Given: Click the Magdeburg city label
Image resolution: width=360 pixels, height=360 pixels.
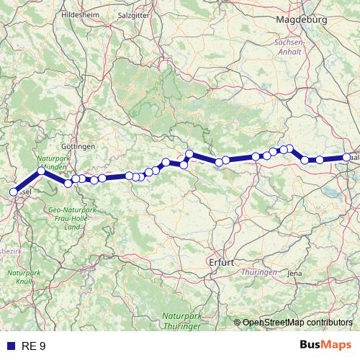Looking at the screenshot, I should point(301,20).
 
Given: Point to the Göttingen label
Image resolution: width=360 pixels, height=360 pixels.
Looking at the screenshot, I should point(78,146).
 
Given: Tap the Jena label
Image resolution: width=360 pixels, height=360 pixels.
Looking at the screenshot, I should point(294,274).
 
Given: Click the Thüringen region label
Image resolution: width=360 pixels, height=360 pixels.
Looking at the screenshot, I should point(260,272).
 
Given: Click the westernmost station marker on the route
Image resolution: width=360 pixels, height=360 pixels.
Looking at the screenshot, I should point(13,192).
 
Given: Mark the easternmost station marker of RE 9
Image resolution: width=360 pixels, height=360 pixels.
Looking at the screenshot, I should point(347,157).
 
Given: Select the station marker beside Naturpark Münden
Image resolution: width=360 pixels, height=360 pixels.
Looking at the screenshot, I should point(41,171).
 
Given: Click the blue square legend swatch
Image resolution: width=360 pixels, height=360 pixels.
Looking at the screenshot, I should point(10,346).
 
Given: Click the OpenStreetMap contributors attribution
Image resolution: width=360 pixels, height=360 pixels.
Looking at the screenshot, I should point(297,323).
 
